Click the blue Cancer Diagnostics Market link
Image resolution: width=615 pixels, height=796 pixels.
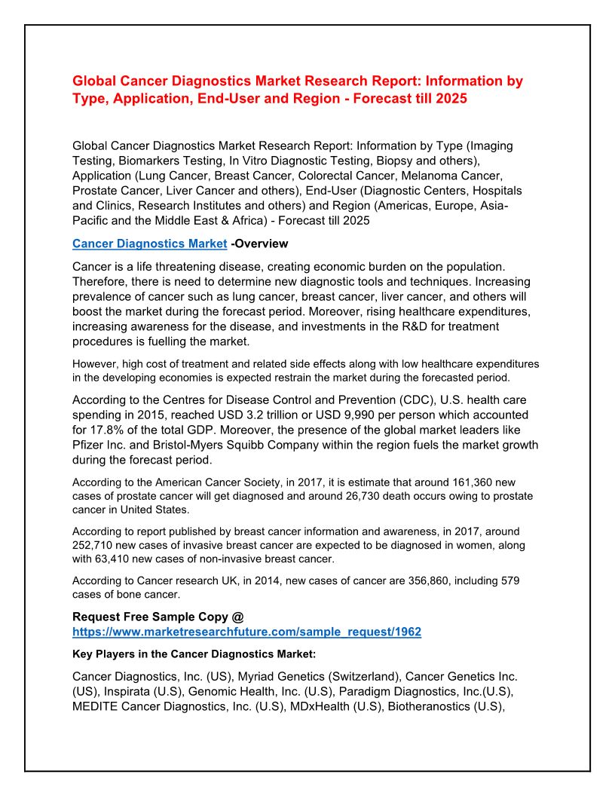[x=149, y=243]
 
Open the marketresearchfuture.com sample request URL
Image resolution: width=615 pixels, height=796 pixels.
[x=246, y=632]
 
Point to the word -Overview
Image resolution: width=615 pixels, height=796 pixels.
[x=259, y=243]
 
